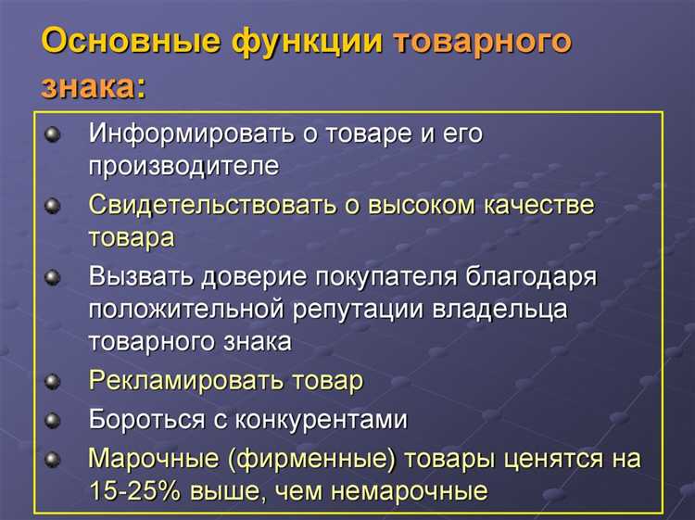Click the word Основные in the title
click(x=120, y=43)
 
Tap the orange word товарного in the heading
click(x=483, y=43)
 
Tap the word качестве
click(x=539, y=204)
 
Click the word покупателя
click(x=399, y=275)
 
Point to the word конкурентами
click(x=331, y=419)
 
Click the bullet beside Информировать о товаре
click(x=53, y=134)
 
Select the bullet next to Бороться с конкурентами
click(x=53, y=420)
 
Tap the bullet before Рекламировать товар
click(x=53, y=381)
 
